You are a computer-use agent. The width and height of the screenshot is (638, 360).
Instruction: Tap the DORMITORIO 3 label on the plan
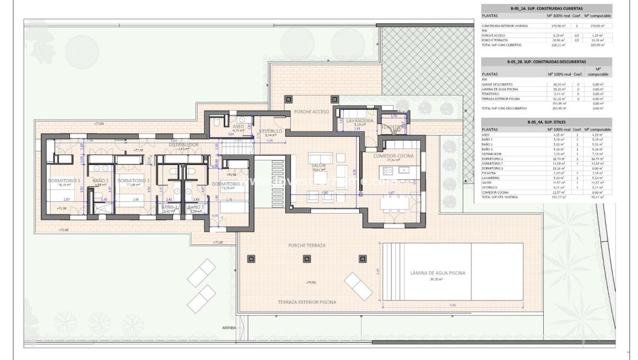click(228, 184)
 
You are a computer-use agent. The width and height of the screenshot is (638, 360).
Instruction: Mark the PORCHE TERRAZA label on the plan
click(307, 246)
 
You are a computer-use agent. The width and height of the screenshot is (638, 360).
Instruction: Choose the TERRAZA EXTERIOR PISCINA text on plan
click(306, 302)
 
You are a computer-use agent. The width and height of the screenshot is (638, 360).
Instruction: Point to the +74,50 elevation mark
click(312, 283)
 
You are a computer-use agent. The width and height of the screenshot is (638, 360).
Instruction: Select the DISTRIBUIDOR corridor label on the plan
click(184, 144)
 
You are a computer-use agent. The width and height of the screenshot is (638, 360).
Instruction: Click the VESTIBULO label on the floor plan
click(271, 131)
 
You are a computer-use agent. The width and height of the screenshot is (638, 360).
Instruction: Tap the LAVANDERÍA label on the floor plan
click(360, 121)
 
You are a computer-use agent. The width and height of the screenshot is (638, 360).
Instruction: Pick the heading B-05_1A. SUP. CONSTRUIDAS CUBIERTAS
click(546, 9)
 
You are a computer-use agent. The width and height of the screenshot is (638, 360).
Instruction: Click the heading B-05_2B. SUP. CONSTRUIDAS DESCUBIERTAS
click(546, 61)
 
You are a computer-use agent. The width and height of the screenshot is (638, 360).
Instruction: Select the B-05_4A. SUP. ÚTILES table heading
click(546, 122)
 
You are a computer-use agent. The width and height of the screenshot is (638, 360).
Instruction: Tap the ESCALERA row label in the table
click(489, 173)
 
